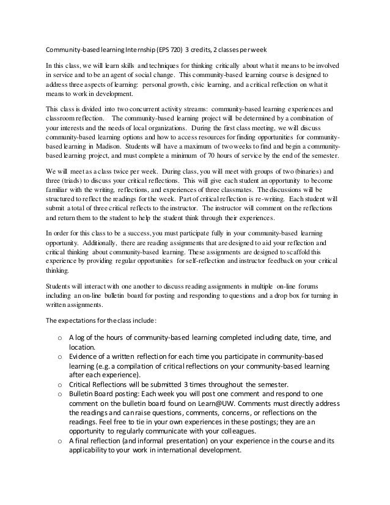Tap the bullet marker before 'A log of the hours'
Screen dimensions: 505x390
click(59, 336)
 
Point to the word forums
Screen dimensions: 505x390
click(311, 287)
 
